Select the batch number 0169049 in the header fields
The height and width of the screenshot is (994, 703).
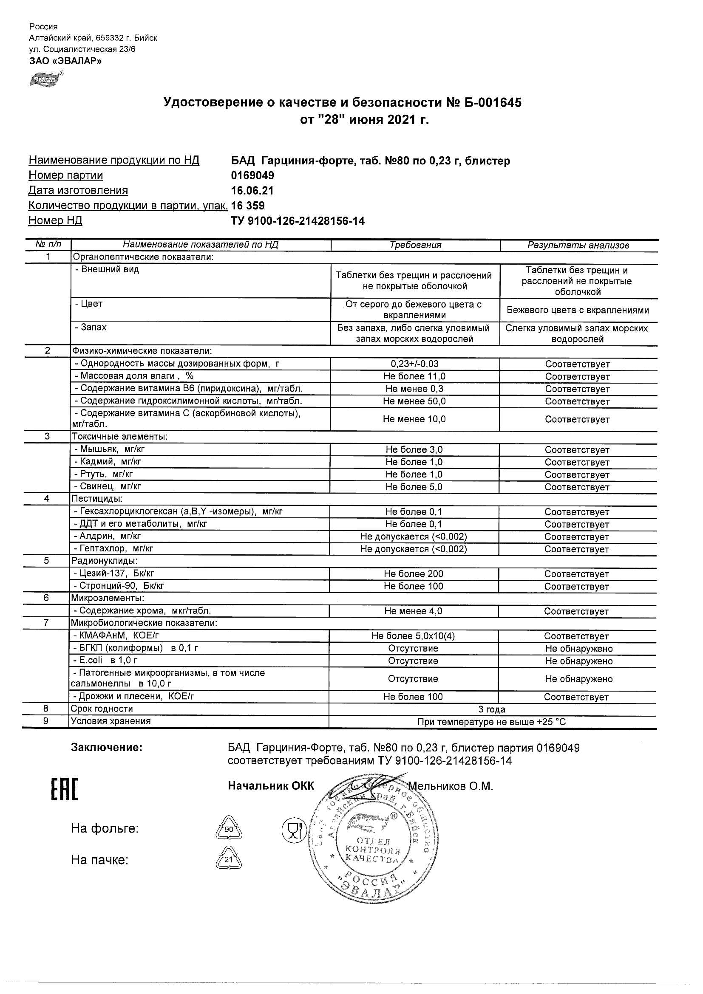click(x=252, y=175)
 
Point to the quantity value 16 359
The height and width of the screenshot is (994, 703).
click(x=248, y=206)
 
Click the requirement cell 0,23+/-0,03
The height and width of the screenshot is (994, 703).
click(x=414, y=364)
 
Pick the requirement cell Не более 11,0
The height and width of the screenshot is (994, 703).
click(x=414, y=377)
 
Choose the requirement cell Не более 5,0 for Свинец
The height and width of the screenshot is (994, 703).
click(x=414, y=487)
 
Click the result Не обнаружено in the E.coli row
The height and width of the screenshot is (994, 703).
click(x=579, y=661)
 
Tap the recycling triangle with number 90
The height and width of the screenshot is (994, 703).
click(x=229, y=830)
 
